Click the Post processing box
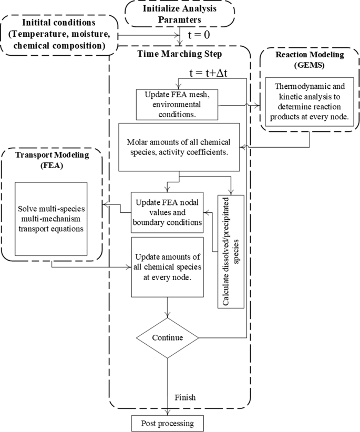pyautogui.click(x=167, y=423)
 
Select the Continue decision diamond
pyautogui.click(x=167, y=337)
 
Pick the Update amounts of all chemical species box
pyautogui.click(x=167, y=266)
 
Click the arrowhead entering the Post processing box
pyautogui.click(x=167, y=414)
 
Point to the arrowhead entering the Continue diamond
pyautogui.click(x=167, y=316)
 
